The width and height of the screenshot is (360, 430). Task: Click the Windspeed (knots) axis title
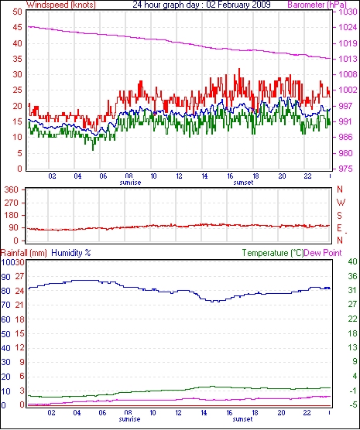pos(61,5)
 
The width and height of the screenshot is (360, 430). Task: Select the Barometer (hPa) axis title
pos(317,5)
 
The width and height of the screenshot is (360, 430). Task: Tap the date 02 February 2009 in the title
pos(238,5)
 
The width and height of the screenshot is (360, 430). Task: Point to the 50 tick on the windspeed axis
pos(17,12)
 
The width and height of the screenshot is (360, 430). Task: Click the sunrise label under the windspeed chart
pos(130,183)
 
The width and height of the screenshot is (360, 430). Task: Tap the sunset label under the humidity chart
pos(242,419)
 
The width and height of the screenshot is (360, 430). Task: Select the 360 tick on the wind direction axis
pos(12,189)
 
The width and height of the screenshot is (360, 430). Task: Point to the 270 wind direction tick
pos(12,203)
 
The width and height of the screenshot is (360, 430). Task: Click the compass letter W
pos(341,203)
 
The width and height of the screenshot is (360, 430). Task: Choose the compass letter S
pos(340,216)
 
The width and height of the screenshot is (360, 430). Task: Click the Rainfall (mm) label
pos(24,253)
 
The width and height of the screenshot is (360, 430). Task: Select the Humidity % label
pos(71,253)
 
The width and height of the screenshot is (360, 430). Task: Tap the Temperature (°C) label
pos(273,253)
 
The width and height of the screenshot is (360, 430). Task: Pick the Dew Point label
pos(323,253)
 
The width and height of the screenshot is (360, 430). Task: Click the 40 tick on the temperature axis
pos(352,261)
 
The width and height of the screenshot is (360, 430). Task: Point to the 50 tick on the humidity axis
pos(5,334)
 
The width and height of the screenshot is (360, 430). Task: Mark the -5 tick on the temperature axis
pos(352,404)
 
